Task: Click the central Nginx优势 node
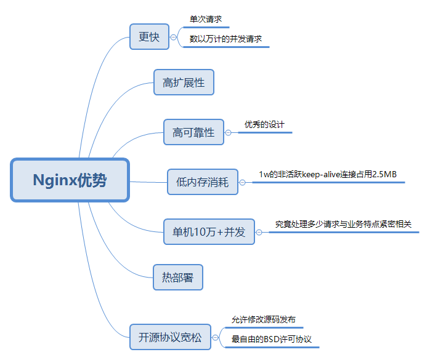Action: [69, 180]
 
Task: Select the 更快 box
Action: [149, 37]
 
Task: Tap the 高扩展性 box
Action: [184, 82]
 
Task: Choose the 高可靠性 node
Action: [193, 132]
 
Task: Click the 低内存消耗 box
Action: [203, 182]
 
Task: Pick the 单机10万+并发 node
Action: [209, 232]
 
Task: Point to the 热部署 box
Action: [177, 278]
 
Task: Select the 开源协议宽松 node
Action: [170, 337]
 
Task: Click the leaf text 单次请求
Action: [206, 20]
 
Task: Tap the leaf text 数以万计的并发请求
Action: [226, 39]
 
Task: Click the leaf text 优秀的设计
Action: [264, 124]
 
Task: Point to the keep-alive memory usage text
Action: [328, 175]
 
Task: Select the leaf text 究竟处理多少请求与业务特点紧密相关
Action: [343, 225]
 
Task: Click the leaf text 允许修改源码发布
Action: [263, 320]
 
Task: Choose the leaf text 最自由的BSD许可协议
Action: [272, 339]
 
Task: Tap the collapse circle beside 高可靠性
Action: [228, 132]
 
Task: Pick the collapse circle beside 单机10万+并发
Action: [259, 232]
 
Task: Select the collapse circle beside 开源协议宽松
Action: [214, 337]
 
